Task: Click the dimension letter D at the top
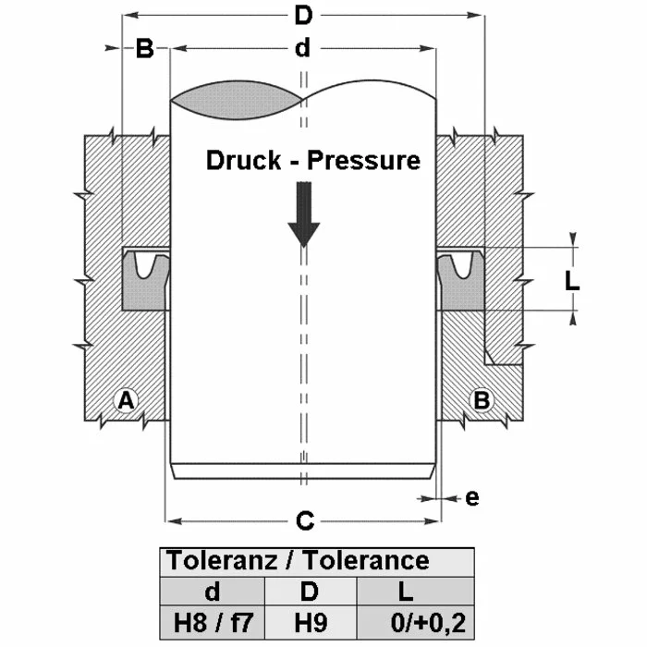click(x=302, y=16)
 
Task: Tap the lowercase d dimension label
click(x=302, y=48)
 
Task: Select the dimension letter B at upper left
click(x=144, y=48)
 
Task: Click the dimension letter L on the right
click(x=572, y=279)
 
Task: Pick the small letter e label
click(x=472, y=497)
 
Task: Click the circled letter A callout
click(x=125, y=400)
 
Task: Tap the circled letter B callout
click(x=481, y=400)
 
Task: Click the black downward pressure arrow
click(x=302, y=214)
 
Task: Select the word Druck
click(x=241, y=161)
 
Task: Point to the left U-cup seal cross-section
click(x=146, y=278)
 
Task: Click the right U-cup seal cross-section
click(x=459, y=278)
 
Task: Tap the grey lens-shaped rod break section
click(x=238, y=99)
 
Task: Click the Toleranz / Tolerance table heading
click(x=297, y=561)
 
